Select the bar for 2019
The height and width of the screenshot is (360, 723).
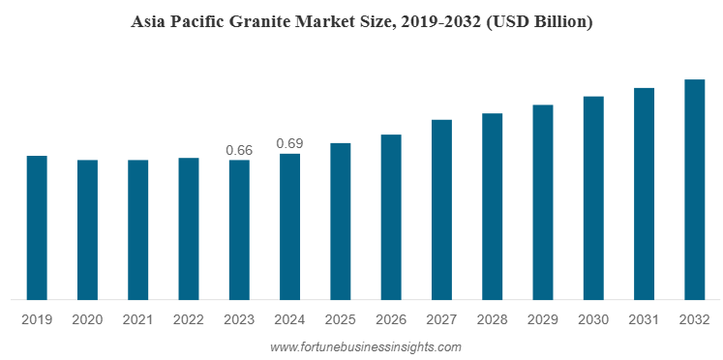tap(37, 227)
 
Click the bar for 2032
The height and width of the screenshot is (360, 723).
tap(695, 190)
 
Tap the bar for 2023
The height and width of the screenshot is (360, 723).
tap(239, 229)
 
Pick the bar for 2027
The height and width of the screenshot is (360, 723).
tap(441, 209)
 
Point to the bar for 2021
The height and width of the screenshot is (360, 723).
tap(138, 229)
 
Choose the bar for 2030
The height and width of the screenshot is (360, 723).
tap(593, 197)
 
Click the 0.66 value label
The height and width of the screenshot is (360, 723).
tap(239, 150)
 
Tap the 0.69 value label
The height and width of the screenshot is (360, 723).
tap(289, 143)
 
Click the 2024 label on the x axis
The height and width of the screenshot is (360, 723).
tap(289, 319)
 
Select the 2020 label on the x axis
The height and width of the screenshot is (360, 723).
tap(87, 319)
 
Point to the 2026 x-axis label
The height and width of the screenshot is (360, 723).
tap(391, 319)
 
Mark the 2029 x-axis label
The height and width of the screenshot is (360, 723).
tap(543, 319)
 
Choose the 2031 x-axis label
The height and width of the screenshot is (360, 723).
tap(645, 319)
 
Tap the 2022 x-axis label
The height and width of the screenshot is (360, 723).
tap(189, 319)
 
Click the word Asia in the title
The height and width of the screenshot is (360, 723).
tap(148, 21)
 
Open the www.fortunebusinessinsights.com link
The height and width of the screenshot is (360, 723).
tap(366, 346)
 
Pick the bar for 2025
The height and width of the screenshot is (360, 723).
tap(340, 221)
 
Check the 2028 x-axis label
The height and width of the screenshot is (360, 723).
tap(493, 319)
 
